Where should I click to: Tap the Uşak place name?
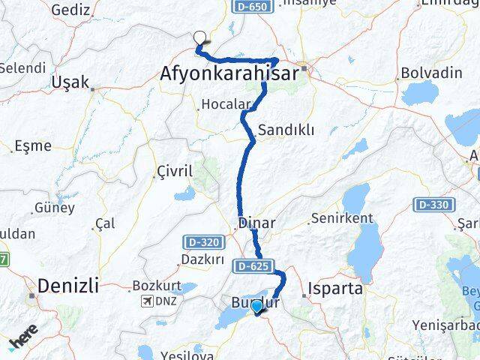[x=71, y=82]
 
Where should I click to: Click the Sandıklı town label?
[x=286, y=130]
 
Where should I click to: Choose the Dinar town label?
[x=256, y=223]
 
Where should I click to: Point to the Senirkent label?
[x=341, y=218]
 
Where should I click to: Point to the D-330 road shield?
[x=435, y=204]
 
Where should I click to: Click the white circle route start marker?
[x=199, y=35]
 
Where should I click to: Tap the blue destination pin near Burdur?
[x=256, y=305]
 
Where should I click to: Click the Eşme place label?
[x=33, y=145]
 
